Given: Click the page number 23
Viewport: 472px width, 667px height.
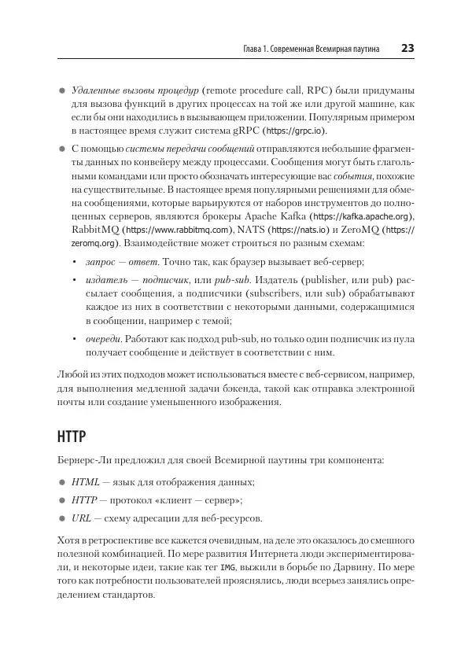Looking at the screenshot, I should click(x=407, y=49).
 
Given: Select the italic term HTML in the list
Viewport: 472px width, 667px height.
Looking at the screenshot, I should click(x=86, y=481).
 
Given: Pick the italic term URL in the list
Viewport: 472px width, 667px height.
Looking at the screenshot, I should click(x=82, y=519).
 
